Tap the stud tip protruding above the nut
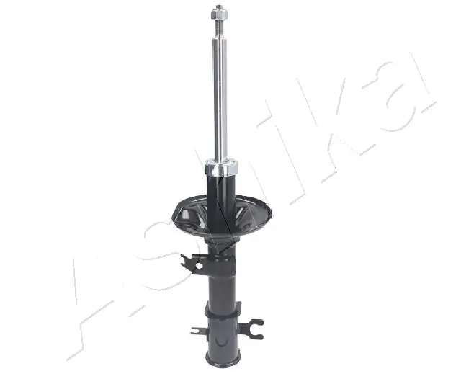coord(218,6)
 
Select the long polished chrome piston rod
coord(220,94)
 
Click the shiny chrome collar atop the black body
coord(221,170)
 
